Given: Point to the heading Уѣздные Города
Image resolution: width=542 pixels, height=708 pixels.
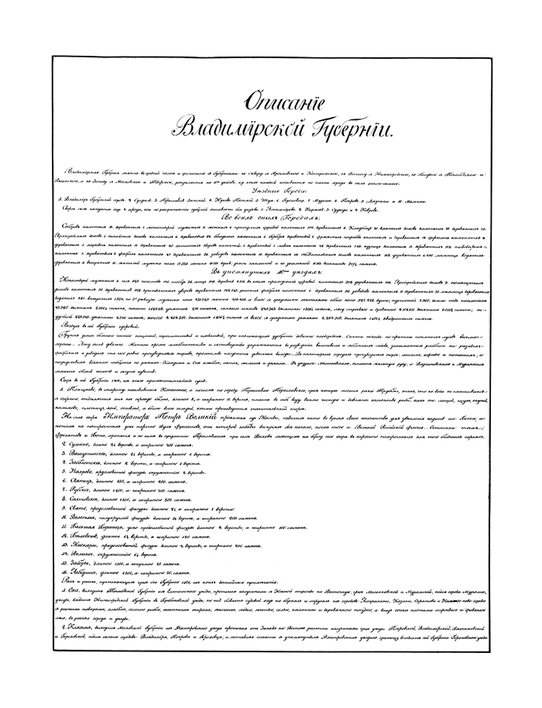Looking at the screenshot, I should coord(271,189).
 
